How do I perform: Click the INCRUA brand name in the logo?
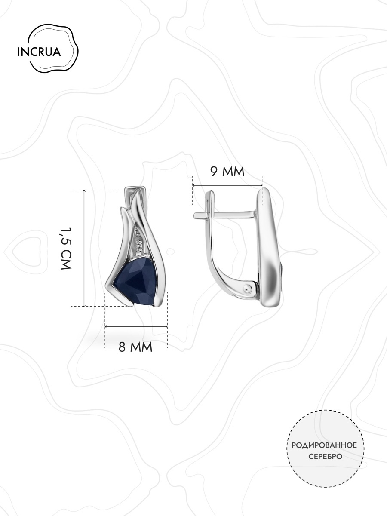click(39, 52)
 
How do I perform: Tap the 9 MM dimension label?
click(227, 172)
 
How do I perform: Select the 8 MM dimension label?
click(135, 353)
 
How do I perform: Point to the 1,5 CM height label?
click(66, 248)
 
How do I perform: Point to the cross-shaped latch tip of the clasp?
click(202, 215)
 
